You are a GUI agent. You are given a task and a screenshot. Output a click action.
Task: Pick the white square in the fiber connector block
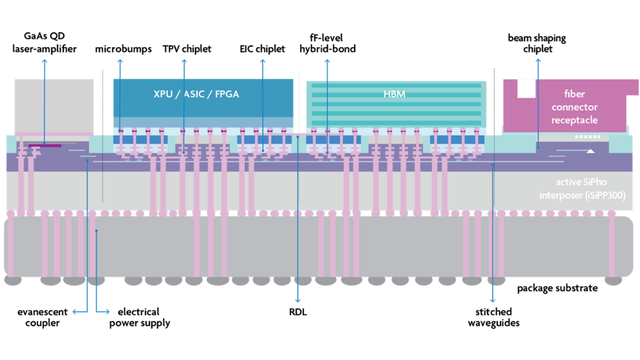pyautogui.click(x=526, y=88)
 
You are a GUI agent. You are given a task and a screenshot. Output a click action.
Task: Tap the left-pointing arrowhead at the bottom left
pyautogui.click(x=75, y=311)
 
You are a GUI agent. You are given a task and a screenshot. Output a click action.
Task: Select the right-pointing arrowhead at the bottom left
pyautogui.click(x=107, y=311)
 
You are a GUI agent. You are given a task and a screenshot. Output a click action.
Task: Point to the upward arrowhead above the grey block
pyautogui.click(x=44, y=60)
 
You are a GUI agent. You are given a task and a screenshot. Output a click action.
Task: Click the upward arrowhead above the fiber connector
pyautogui.click(x=538, y=60)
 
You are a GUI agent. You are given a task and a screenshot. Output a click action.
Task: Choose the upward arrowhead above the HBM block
pyautogui.click(x=327, y=60)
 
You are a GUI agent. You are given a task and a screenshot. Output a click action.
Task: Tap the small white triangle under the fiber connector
pyautogui.click(x=590, y=151)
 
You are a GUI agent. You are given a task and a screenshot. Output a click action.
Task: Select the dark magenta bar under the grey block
pyautogui.click(x=45, y=146)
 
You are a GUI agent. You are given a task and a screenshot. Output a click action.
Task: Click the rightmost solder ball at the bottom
pyautogui.click(x=613, y=280)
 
